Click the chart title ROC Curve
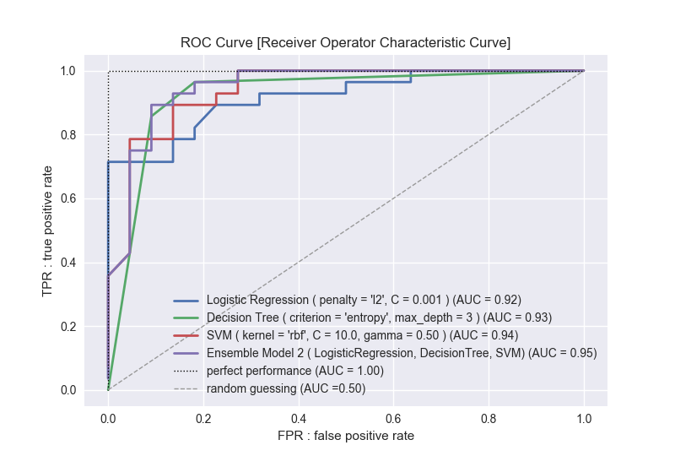pyautogui.click(x=345, y=42)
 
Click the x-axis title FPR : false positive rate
pyautogui.click(x=345, y=436)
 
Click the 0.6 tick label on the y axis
pyautogui.click(x=67, y=198)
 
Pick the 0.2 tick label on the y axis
pyautogui.click(x=67, y=326)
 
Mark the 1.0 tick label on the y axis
pyautogui.click(x=67, y=71)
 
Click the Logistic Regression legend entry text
pyautogui.click(x=364, y=300)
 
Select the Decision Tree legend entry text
pyautogui.click(x=379, y=318)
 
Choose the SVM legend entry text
pyautogui.click(x=363, y=335)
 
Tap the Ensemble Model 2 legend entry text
pyautogui.click(x=402, y=353)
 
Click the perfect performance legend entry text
pyautogui.click(x=294, y=371)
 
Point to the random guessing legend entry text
pyautogui.click(x=286, y=388)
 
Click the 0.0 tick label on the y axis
pyautogui.click(x=67, y=390)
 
